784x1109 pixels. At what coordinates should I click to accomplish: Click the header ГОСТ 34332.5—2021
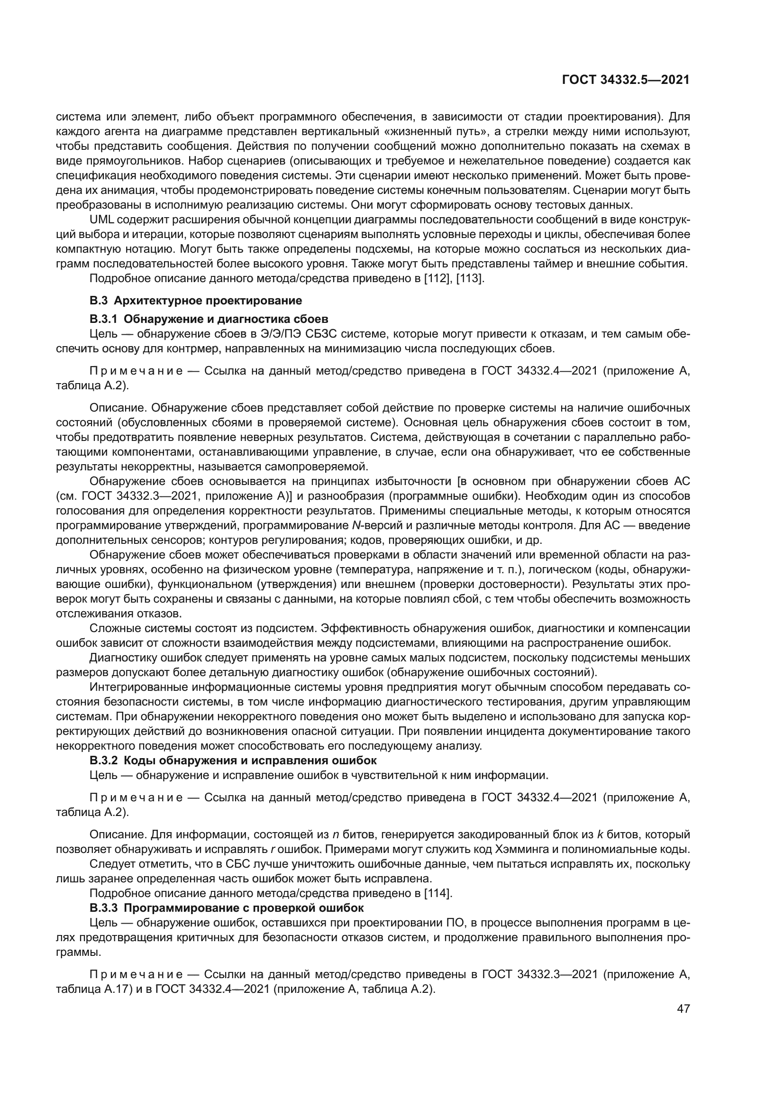click(626, 80)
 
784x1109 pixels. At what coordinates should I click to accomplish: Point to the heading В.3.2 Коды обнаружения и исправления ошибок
click(233, 760)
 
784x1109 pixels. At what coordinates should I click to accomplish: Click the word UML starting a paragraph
click(102, 220)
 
